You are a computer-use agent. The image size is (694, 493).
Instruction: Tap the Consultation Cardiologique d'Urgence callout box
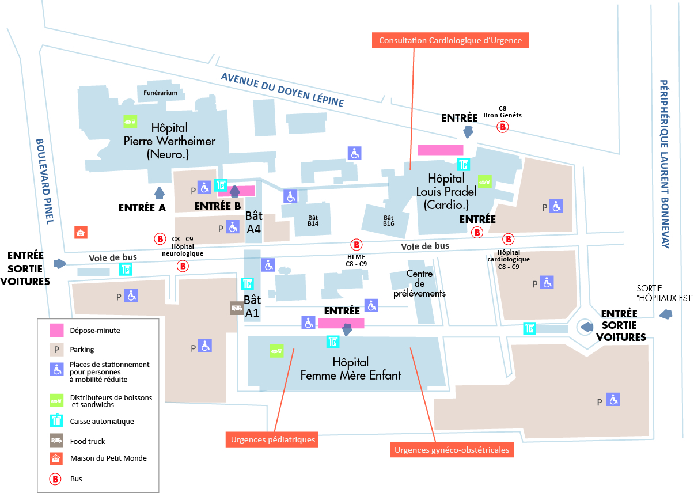450,40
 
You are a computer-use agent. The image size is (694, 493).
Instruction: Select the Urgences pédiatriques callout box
273,439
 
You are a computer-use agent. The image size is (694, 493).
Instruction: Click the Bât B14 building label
313,221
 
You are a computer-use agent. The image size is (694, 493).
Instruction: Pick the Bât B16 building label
389,221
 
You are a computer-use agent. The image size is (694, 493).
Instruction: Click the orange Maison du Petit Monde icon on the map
81,233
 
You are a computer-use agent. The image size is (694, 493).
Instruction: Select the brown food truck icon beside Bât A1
237,308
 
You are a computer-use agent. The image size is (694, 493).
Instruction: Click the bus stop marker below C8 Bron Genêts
503,127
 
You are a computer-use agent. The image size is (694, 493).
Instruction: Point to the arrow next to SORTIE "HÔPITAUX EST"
666,314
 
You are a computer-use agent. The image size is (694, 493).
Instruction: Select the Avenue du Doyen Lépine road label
282,90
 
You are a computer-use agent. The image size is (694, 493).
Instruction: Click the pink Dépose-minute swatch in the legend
56,331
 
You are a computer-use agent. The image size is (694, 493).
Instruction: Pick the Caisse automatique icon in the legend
56,421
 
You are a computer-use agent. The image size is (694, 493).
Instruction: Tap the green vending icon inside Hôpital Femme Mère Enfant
276,350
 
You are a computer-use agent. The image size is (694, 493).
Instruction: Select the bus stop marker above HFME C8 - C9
356,244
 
